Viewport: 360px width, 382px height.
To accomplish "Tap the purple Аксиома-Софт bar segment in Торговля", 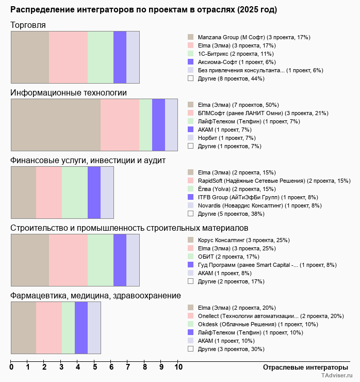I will [x=120, y=57].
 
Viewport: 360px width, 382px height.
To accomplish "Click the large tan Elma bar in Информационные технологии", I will [x=56, y=125].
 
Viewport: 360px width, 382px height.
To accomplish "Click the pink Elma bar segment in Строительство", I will [x=68, y=260].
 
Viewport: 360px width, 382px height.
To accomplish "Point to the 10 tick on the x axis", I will [x=178, y=367].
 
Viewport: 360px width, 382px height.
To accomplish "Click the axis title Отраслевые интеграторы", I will [x=302, y=367].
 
